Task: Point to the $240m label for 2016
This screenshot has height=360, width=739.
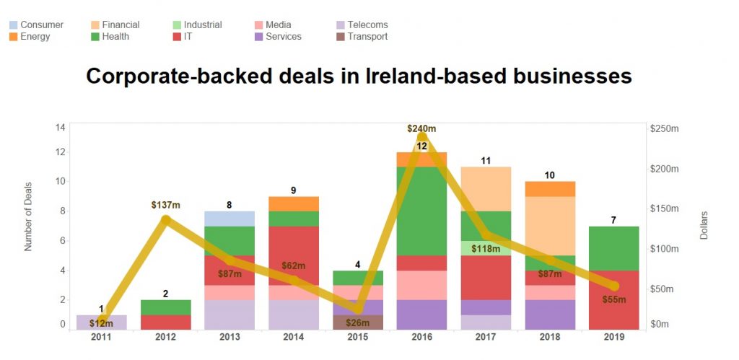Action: [x=421, y=128]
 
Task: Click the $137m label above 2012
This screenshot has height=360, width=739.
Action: [x=165, y=205]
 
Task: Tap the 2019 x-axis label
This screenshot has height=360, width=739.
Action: [x=613, y=337]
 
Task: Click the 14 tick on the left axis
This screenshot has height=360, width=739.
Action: [x=61, y=128]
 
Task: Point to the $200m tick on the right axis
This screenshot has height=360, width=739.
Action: [x=666, y=169]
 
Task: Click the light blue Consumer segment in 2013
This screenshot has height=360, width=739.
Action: [x=229, y=219]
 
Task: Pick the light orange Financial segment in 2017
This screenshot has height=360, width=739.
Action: [x=486, y=189]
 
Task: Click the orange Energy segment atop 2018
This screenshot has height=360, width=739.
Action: [x=550, y=188]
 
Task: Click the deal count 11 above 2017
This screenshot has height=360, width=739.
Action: [x=486, y=160]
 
